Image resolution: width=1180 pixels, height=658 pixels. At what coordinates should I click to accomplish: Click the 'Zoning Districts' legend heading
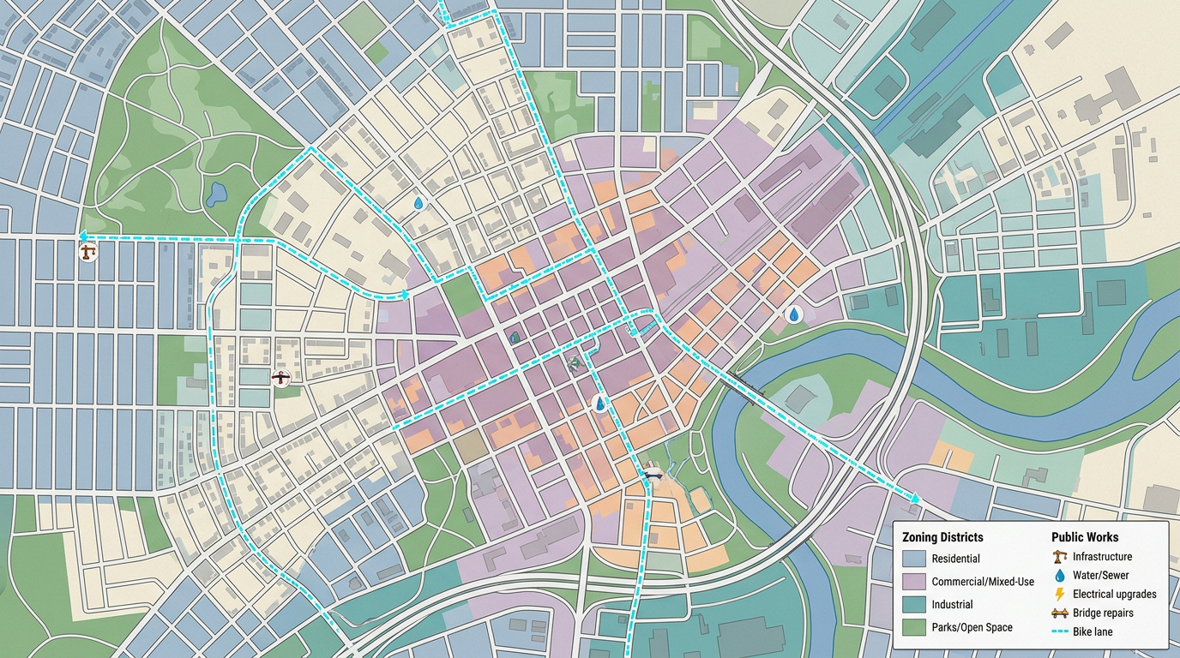coord(942,537)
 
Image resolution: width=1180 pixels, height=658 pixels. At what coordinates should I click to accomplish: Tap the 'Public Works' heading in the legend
coord(1085,537)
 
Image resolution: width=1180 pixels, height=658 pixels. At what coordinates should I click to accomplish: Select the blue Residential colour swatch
coord(914,559)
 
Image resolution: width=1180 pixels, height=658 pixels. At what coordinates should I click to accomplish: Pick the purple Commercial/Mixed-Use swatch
coord(914,582)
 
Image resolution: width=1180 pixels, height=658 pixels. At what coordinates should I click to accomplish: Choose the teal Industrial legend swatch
coord(914,605)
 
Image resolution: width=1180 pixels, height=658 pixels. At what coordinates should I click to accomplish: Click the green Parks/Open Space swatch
coord(914,627)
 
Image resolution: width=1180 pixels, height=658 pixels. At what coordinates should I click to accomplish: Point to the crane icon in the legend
coord(1059,557)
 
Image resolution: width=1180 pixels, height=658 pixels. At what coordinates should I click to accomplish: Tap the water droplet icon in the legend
coord(1059,576)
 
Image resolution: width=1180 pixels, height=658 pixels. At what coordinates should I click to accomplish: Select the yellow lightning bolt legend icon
coord(1059,594)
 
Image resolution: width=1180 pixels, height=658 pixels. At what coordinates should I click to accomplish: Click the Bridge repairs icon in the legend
coord(1059,613)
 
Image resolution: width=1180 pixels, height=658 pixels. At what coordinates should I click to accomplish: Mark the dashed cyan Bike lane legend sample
coord(1059,631)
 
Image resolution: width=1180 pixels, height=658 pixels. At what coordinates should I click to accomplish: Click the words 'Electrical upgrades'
coord(1114,594)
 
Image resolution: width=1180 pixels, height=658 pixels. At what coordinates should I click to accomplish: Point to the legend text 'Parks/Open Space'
coord(972,627)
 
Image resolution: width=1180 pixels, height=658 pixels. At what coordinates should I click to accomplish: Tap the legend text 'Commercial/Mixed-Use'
coord(983,582)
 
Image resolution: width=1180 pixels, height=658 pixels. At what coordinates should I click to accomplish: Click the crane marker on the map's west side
coord(87,252)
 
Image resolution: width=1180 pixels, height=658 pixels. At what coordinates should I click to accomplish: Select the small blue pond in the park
coord(215,194)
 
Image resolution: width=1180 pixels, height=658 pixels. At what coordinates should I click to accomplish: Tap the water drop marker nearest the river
coord(795,315)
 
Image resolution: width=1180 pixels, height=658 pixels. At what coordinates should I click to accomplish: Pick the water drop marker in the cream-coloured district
coord(418,203)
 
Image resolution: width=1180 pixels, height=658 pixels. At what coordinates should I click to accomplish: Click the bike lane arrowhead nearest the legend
coord(915,498)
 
